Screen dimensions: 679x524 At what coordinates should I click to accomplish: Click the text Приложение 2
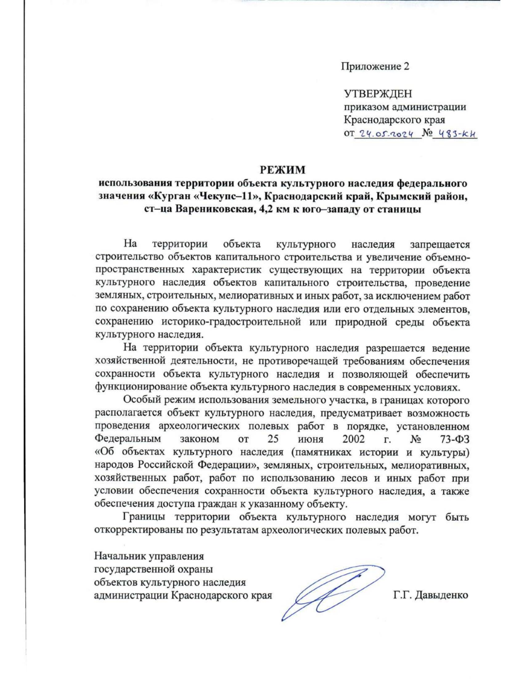[375, 66]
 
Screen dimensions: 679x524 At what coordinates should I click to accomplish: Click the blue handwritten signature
[331, 590]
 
